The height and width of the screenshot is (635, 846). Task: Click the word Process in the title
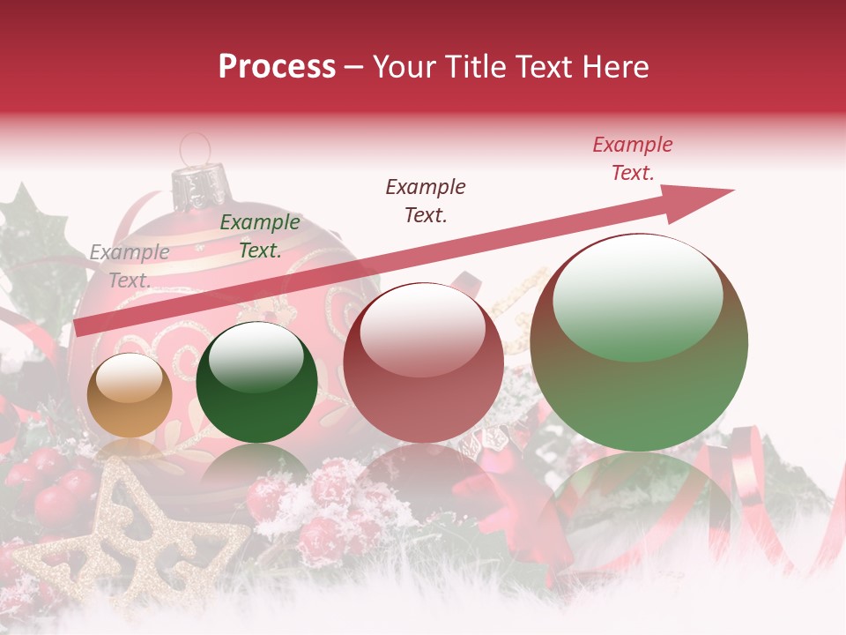click(x=277, y=67)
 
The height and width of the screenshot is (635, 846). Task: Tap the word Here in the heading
click(x=613, y=67)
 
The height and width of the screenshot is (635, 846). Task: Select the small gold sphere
click(x=130, y=396)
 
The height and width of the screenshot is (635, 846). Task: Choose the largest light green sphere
click(x=639, y=344)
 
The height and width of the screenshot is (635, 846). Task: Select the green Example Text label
click(x=260, y=236)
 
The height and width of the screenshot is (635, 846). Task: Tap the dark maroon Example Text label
click(x=426, y=200)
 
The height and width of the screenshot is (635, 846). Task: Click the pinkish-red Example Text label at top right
click(x=633, y=159)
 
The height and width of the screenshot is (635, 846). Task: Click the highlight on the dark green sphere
click(x=256, y=358)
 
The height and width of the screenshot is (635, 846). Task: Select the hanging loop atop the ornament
click(x=196, y=148)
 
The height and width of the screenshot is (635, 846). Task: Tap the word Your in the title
click(x=406, y=67)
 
